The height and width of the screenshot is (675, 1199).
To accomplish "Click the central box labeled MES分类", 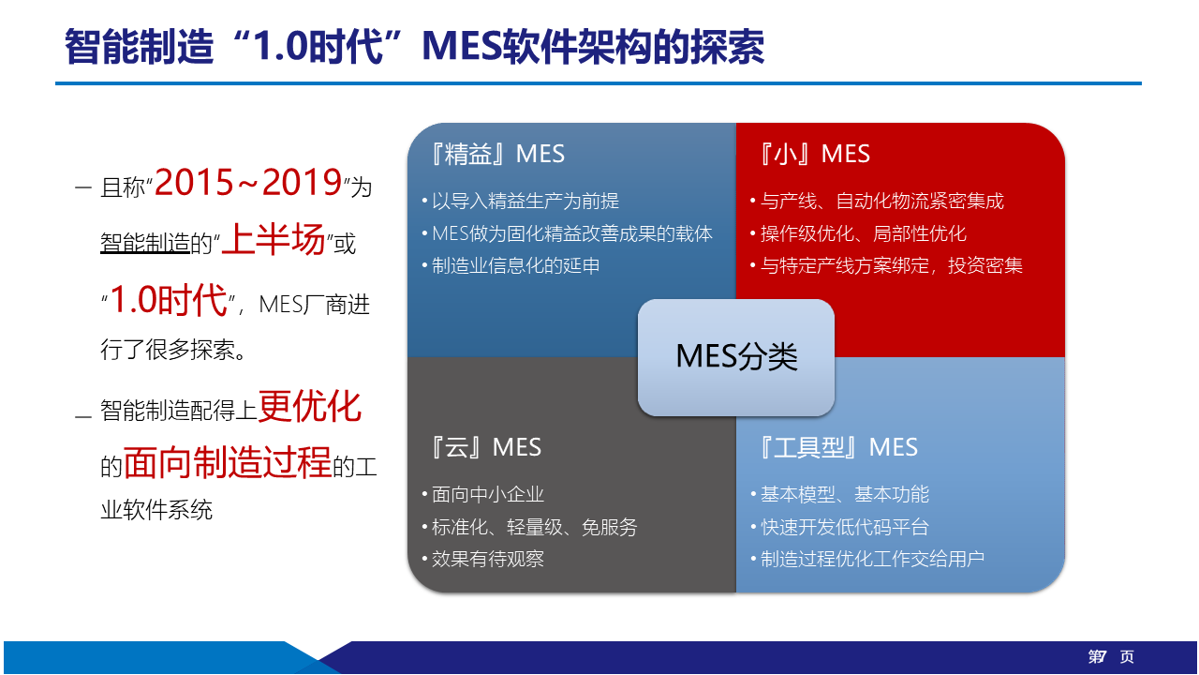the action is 736,357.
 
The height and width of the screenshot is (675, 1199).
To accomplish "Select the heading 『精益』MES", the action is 497,154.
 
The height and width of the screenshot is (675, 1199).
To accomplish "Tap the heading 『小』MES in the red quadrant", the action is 814,154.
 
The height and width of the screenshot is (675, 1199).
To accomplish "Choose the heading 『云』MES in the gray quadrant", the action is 486,447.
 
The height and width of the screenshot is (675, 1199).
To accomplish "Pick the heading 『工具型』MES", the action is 838,447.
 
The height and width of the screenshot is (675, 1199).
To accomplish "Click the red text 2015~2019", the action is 248,182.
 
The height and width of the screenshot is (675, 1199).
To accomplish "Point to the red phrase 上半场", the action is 273,239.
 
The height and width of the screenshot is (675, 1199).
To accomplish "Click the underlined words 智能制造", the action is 145,243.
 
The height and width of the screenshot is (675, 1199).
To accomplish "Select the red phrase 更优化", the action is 310,407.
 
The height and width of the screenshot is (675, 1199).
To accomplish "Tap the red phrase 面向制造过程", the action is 228,462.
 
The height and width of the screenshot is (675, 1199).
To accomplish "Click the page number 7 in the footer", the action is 1102,656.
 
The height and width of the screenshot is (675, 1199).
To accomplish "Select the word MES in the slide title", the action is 462,47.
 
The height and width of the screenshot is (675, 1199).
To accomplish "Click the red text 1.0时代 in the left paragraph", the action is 168,300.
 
